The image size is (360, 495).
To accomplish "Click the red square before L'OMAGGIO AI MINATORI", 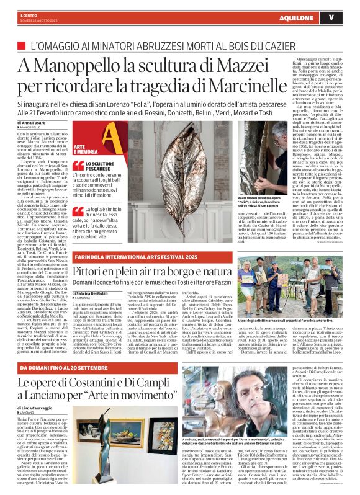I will click(24, 46).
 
